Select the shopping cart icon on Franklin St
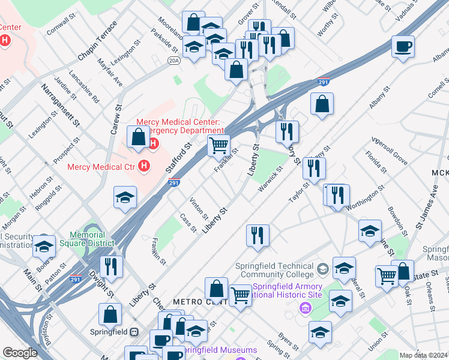point(219,145)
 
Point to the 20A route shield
point(174,60)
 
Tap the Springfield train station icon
point(134,331)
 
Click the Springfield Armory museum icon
point(305,308)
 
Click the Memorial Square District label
point(92,239)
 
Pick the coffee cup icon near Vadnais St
point(403,46)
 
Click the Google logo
point(20,353)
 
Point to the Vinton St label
point(199,208)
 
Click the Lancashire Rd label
point(83,86)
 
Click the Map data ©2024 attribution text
point(423,355)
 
